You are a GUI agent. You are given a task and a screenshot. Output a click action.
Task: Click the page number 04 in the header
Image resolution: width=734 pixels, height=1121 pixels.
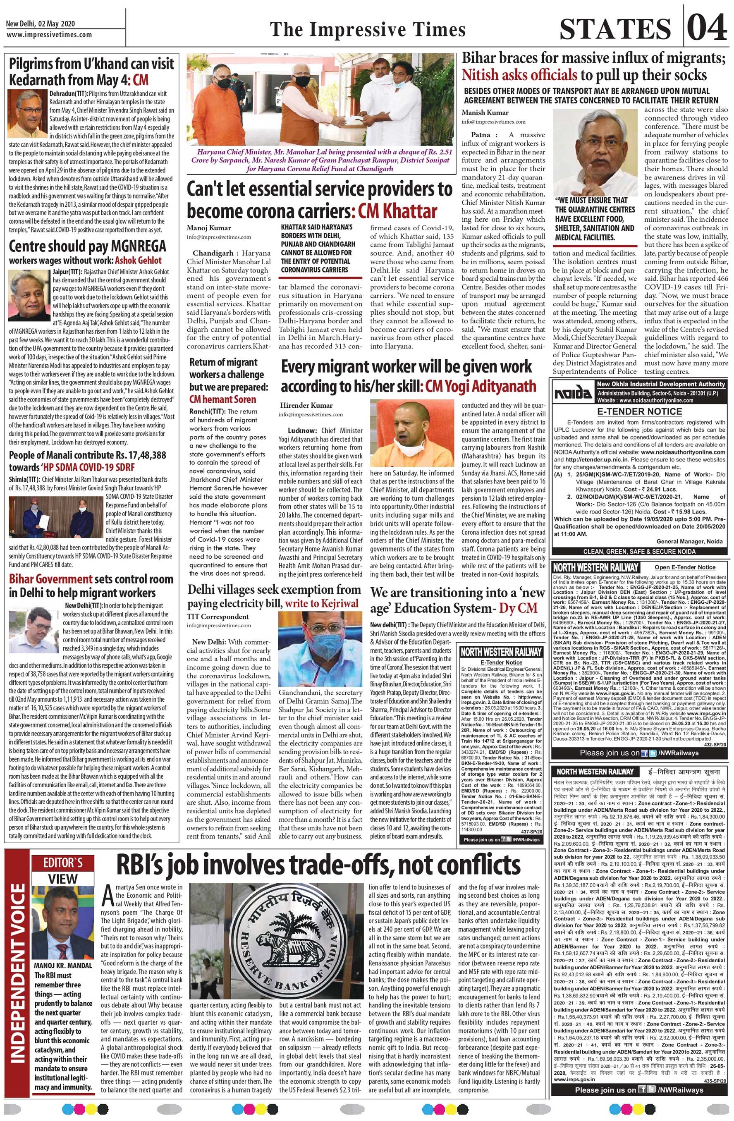coord(707,28)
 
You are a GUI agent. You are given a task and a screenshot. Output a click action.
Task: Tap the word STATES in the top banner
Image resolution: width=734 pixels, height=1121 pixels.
coord(615,29)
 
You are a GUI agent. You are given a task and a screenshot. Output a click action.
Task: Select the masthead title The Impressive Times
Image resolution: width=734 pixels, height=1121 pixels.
coord(368,29)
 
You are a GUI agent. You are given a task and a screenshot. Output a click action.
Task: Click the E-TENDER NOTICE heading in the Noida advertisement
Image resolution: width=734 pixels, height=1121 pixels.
coord(639,411)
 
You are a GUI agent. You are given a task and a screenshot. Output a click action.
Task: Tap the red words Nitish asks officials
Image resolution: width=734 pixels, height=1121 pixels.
coord(519,75)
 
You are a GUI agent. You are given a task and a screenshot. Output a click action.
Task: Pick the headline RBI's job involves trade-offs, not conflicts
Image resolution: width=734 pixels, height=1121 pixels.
coord(318,866)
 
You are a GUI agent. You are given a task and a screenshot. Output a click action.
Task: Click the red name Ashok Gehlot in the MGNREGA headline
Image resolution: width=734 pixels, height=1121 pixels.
coord(139,261)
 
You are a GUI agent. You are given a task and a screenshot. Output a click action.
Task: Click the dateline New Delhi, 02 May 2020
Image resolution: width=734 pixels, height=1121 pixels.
coord(41,24)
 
